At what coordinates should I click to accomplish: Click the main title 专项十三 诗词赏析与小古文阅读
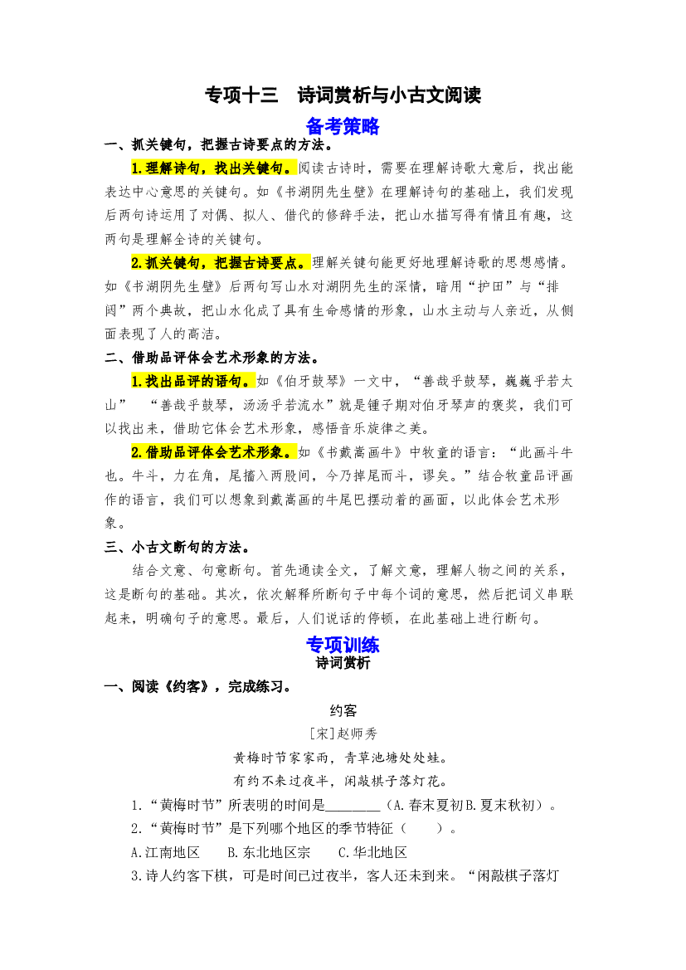pos(343,95)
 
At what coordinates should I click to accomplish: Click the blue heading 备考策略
pos(343,126)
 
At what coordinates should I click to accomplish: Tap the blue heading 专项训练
pos(343,645)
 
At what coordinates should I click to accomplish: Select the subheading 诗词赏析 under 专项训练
pos(343,663)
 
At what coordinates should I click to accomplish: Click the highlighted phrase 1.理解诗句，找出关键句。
pos(214,168)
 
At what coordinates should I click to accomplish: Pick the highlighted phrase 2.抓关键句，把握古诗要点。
pos(221,263)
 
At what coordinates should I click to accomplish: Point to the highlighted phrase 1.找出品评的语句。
pos(193,382)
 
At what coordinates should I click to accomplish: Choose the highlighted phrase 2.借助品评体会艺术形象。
pos(214,452)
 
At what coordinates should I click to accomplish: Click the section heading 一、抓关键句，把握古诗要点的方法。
pos(220,144)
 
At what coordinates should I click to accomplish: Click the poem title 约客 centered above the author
pos(343,711)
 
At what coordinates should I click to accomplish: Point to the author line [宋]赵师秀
pos(343,734)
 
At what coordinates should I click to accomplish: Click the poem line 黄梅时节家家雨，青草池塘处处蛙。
pos(341,758)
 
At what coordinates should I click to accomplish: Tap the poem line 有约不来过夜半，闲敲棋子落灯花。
pos(341,781)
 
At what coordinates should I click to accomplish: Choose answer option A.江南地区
pos(166,852)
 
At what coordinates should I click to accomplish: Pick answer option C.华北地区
pos(372,852)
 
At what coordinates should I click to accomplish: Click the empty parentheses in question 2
pos(422,829)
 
